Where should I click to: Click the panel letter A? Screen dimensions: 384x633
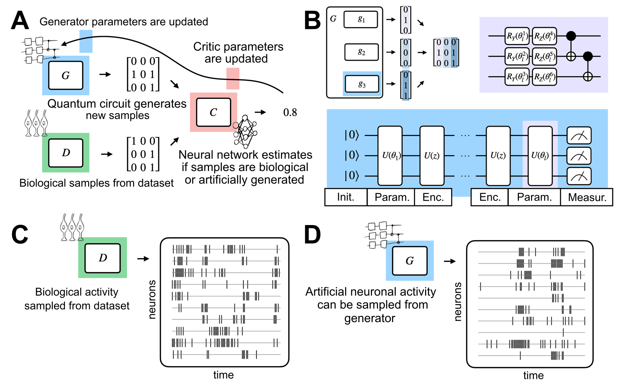[x=20, y=21]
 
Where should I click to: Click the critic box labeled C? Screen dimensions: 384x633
[x=213, y=112]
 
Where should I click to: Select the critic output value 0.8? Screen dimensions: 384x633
[x=290, y=113]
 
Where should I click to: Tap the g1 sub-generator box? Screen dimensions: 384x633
[x=361, y=19]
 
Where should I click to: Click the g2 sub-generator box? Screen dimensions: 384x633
[x=361, y=52]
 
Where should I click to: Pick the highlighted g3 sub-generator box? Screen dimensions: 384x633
[x=362, y=84]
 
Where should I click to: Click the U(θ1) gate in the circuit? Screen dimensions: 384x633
[x=390, y=155]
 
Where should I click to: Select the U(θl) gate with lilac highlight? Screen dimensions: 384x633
[x=540, y=155]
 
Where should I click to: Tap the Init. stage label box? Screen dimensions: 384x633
[x=346, y=197]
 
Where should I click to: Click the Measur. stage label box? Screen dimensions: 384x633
[x=587, y=197]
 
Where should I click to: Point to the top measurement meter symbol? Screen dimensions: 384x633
[x=579, y=136]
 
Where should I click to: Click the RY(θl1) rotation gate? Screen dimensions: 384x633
[x=517, y=36]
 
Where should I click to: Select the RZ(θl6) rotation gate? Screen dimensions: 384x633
[x=544, y=77]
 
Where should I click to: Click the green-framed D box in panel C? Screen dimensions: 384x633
[x=102, y=258]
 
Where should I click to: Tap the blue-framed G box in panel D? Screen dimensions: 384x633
[x=409, y=261]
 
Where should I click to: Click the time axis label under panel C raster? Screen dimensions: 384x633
[x=224, y=375]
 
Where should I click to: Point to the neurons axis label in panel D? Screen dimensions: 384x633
[x=458, y=302]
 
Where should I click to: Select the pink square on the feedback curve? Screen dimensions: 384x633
[x=233, y=79]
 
